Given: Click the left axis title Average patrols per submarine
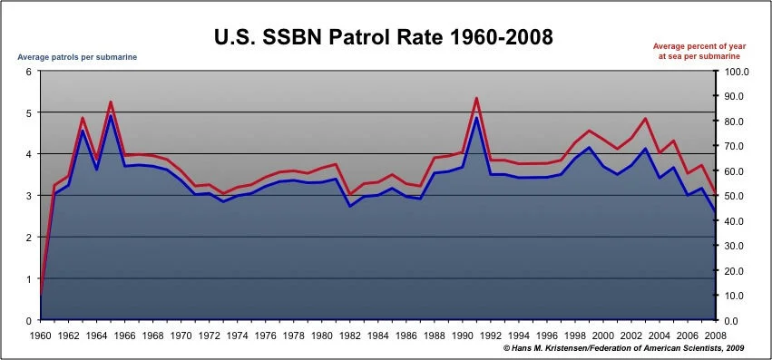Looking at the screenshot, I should click(x=77, y=57).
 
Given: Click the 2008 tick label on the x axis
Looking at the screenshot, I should click(x=716, y=336).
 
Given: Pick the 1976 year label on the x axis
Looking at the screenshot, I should click(x=265, y=336).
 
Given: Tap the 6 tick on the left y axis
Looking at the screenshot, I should click(x=29, y=72).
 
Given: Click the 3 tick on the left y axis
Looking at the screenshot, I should click(x=29, y=196).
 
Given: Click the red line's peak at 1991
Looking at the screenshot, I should click(x=476, y=98).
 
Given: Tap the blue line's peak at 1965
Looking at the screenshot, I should click(x=111, y=116).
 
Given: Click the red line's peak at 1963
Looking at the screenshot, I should click(x=83, y=118).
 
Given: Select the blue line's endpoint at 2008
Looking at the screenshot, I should click(x=716, y=212).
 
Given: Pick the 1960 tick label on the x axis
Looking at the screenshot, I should click(x=40, y=336).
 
